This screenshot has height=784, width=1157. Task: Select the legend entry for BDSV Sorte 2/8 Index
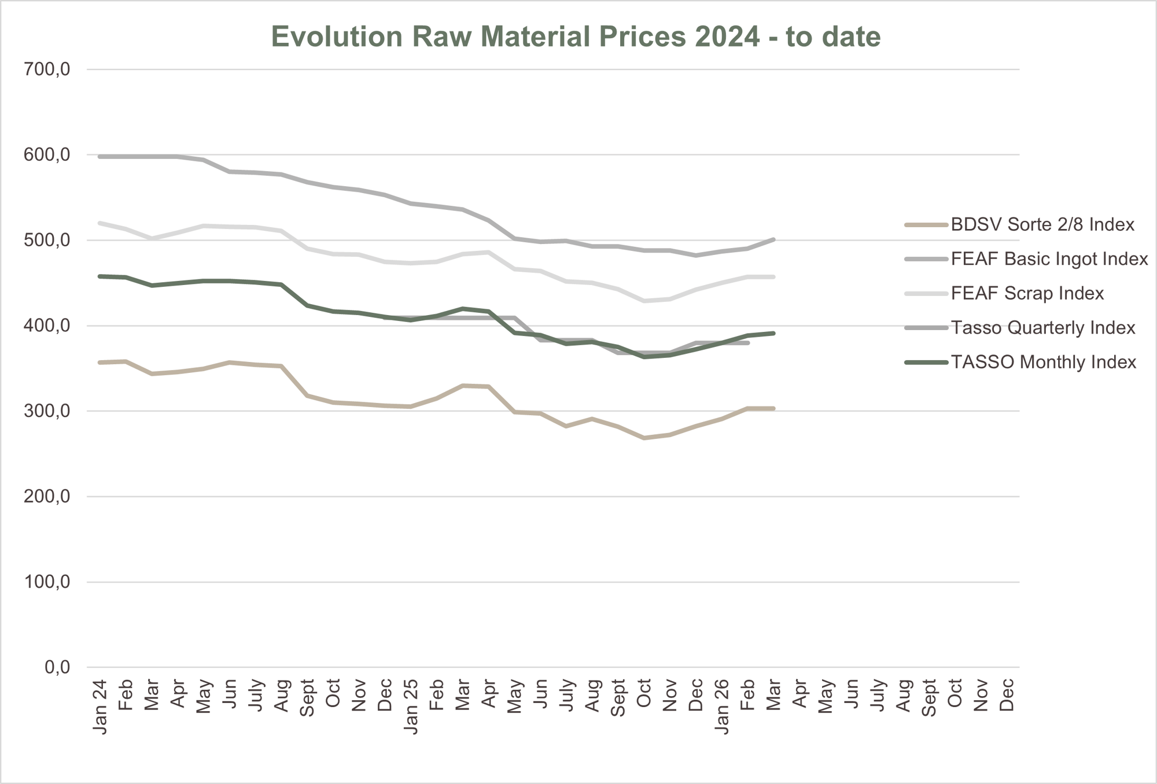tap(1042, 224)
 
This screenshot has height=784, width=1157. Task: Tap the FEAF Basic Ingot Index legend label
tap(1049, 259)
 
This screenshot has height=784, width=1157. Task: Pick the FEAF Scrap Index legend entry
tap(1027, 293)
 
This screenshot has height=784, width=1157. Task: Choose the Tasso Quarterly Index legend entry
tap(1042, 328)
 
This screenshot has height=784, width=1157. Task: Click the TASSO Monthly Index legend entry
tap(1043, 362)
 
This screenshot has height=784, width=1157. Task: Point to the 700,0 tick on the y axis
tap(47, 69)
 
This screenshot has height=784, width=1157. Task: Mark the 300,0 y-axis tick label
tap(47, 411)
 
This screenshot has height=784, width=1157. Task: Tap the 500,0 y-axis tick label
tap(47, 240)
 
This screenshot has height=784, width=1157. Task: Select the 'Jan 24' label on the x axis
tap(101, 707)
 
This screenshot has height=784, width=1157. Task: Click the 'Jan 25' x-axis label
tap(411, 707)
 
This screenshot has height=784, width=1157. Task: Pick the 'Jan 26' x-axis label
tap(722, 707)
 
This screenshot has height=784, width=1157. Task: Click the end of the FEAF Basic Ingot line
tap(773, 239)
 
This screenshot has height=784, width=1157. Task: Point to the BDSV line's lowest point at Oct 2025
tap(644, 438)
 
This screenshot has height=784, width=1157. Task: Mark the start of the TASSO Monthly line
tap(101, 276)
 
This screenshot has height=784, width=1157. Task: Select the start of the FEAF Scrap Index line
tap(101, 223)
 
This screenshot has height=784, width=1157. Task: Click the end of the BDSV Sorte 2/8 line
tap(773, 409)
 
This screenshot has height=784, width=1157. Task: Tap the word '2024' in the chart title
tap(727, 36)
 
